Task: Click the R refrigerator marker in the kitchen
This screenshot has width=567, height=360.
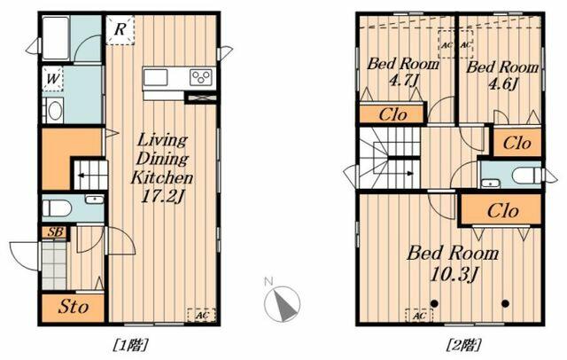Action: pos(120,30)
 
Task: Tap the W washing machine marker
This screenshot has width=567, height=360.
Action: pos(53,79)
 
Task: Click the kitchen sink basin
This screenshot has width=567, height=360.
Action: pos(156,77)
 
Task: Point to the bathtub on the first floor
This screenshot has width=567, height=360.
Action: pos(56,38)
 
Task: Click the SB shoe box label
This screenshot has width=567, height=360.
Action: pos(55,232)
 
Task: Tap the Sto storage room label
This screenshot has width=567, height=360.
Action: pos(74,307)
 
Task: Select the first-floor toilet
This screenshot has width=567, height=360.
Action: pos(56,208)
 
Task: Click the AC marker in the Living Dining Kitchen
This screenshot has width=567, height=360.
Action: pos(202,315)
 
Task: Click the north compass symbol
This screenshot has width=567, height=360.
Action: pos(282,302)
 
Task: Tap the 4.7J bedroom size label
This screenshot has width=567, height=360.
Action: pos(403,81)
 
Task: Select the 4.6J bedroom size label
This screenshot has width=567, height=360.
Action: pos(502,84)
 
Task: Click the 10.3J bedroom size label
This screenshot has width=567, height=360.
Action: pos(454,274)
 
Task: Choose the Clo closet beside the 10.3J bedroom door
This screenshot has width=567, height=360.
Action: pos(502,210)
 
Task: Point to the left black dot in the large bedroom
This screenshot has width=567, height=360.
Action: pos(434,303)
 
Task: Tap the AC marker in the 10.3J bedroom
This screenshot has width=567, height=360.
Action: pos(419,316)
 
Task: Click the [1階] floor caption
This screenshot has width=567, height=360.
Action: pos(131,345)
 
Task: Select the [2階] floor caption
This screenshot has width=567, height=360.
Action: pos(464,345)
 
